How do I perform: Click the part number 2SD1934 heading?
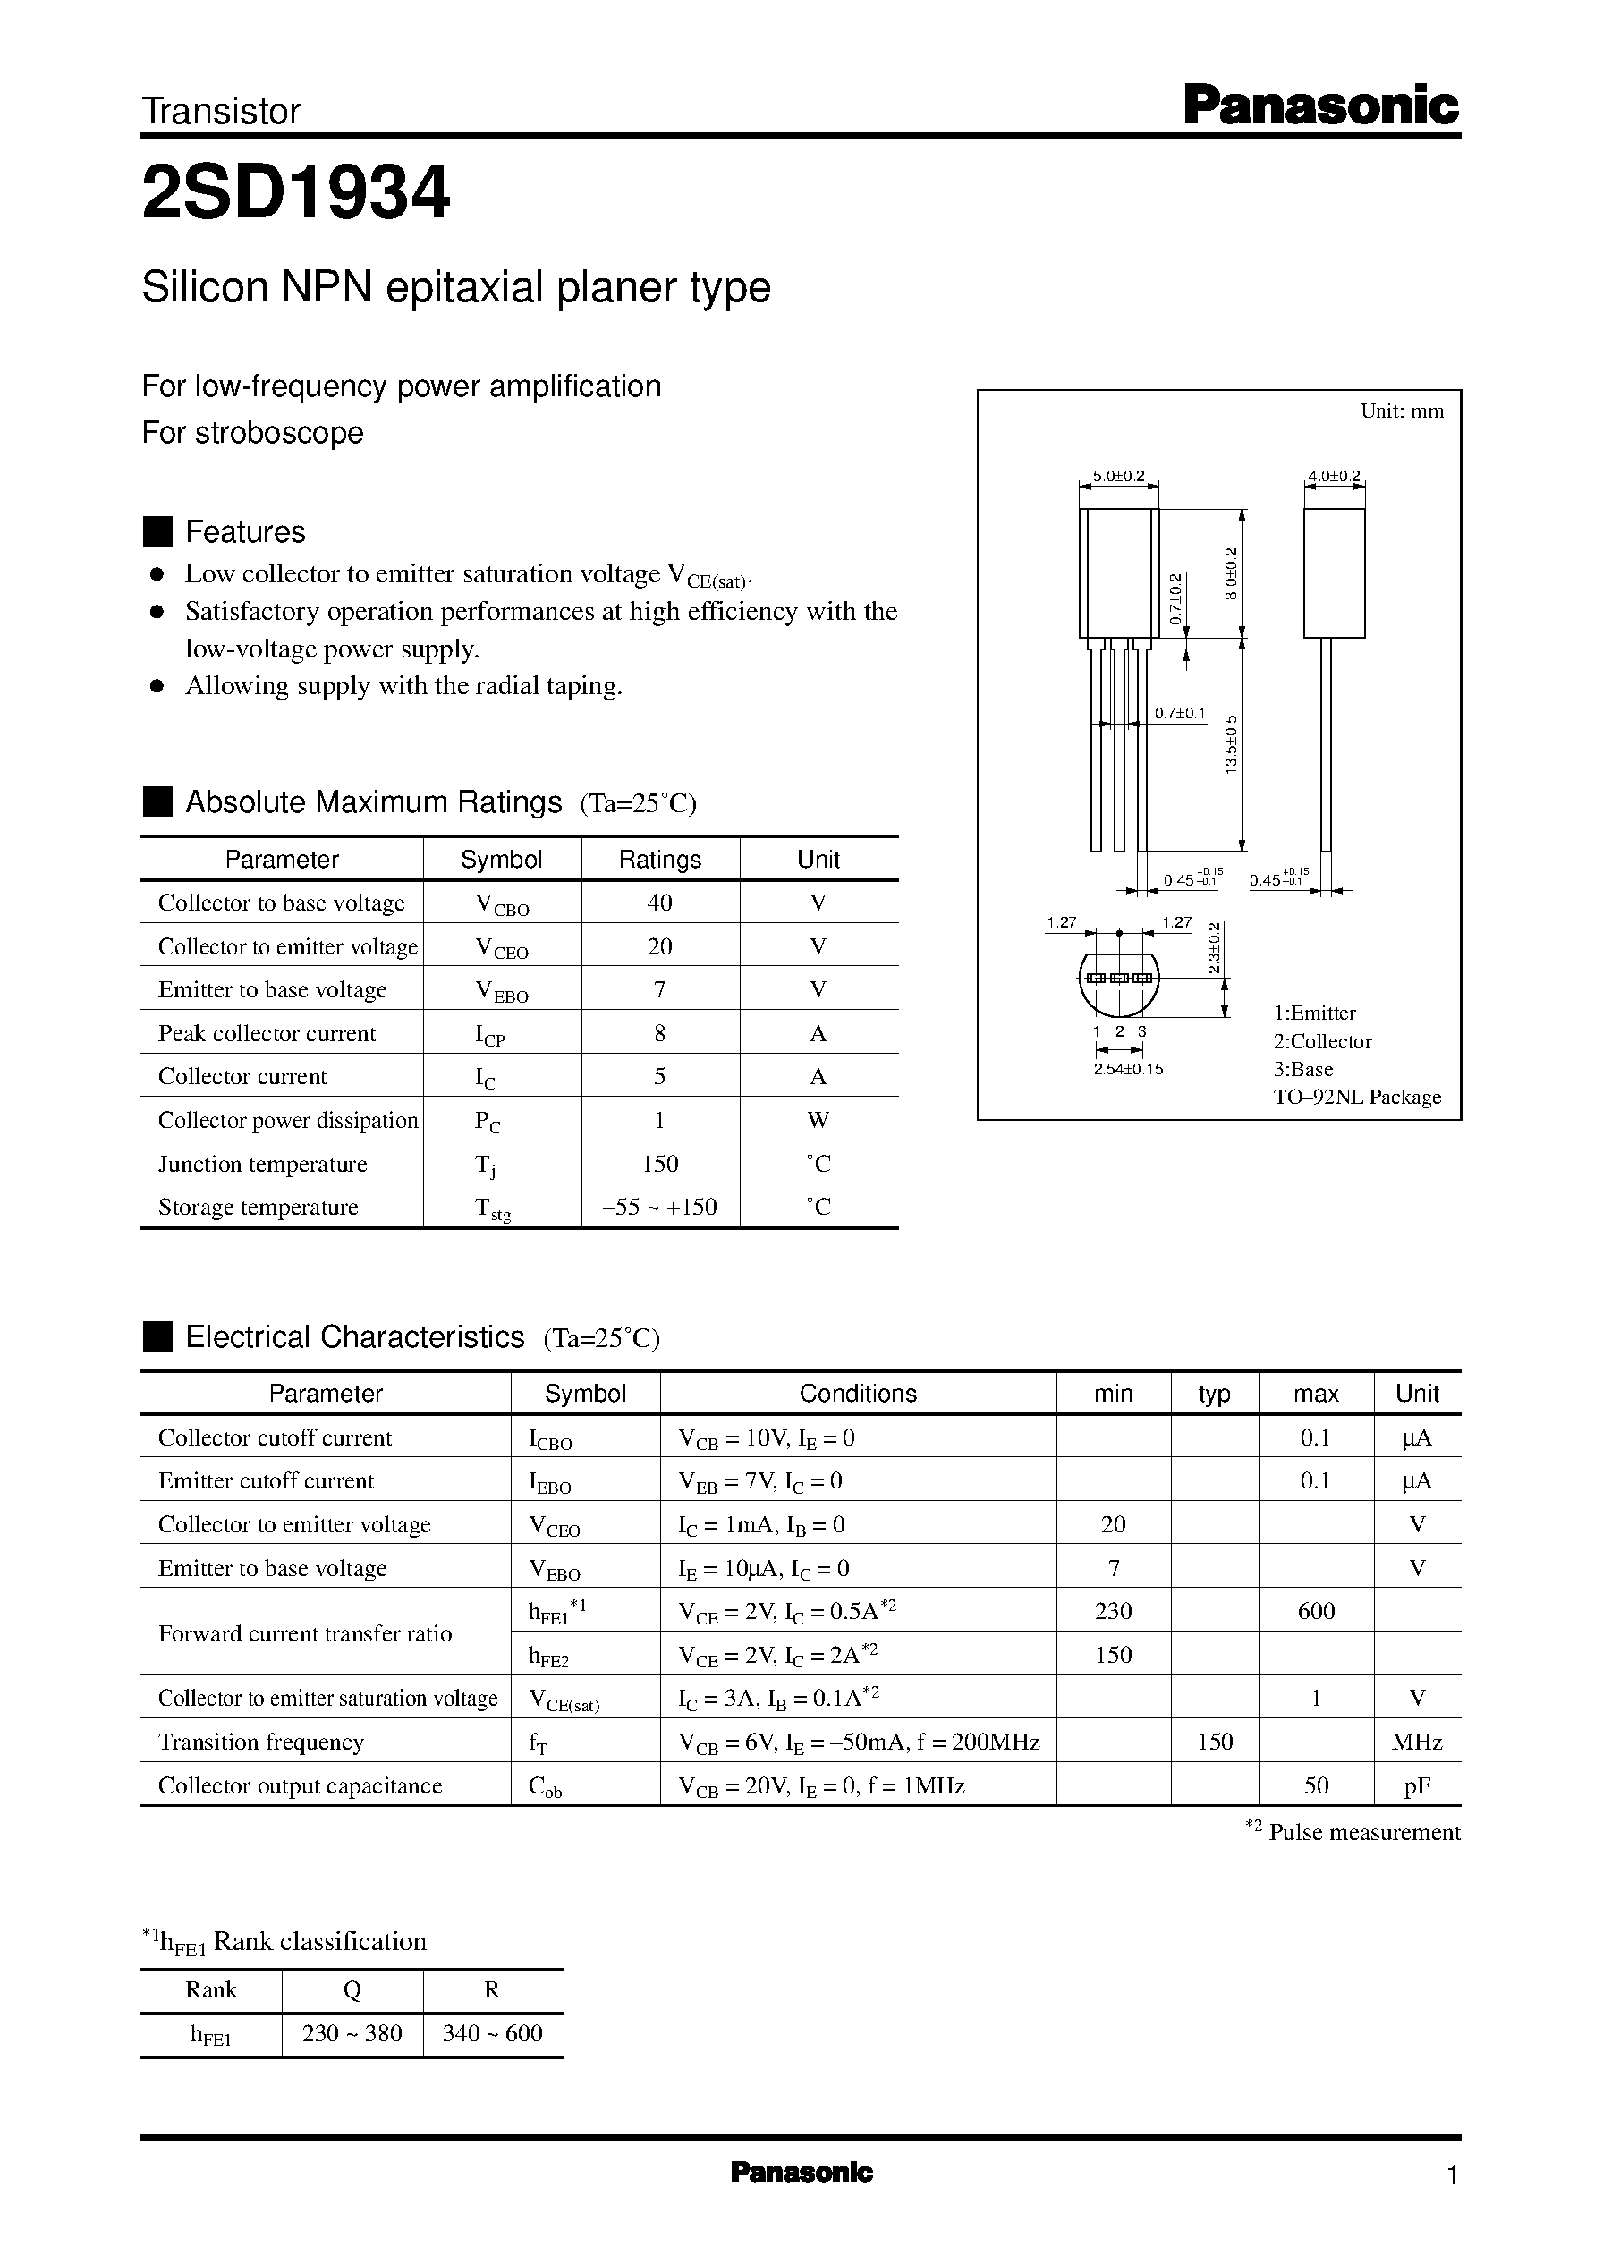(x=296, y=192)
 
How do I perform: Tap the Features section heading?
(x=245, y=532)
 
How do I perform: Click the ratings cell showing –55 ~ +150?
(x=659, y=1207)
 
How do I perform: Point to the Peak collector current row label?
(x=267, y=1033)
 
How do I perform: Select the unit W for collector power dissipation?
(x=818, y=1120)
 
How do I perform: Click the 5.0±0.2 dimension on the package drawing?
(x=1117, y=477)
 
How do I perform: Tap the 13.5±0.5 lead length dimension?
(x=1231, y=744)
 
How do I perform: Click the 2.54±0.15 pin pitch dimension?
(x=1128, y=1069)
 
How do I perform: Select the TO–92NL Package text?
(x=1357, y=1098)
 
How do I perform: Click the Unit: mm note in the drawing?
(x=1402, y=411)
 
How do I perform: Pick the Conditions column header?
(x=858, y=1394)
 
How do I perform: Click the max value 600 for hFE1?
(x=1316, y=1612)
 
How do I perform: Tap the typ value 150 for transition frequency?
(x=1215, y=1742)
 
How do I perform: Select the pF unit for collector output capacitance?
(x=1416, y=1785)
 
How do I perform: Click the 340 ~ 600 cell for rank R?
(x=493, y=2033)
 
